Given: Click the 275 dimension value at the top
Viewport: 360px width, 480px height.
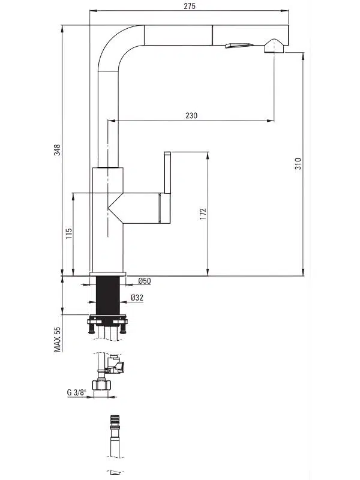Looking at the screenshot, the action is pyautogui.click(x=190, y=6).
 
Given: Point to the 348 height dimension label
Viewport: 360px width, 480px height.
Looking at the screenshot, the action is pyautogui.click(x=57, y=150).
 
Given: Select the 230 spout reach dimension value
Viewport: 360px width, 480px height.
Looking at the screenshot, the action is pyautogui.click(x=191, y=116).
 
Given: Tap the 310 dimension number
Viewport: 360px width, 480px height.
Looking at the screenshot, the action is pyautogui.click(x=298, y=164).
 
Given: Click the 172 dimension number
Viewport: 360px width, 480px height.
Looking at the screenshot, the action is pyautogui.click(x=203, y=214).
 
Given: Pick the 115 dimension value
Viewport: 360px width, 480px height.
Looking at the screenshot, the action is pyautogui.click(x=69, y=233).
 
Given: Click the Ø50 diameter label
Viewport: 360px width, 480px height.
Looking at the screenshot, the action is pyautogui.click(x=144, y=281).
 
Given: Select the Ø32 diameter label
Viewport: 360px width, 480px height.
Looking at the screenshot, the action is pyautogui.click(x=137, y=298).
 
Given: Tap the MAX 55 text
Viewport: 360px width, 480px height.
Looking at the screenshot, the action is pyautogui.click(x=58, y=340).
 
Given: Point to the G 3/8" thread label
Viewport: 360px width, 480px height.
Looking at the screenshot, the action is pyautogui.click(x=77, y=392).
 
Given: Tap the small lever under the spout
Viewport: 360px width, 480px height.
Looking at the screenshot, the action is pyautogui.click(x=239, y=46).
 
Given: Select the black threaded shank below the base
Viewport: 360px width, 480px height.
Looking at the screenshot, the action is pyautogui.click(x=108, y=295).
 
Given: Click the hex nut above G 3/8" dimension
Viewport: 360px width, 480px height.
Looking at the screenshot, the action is pyautogui.click(x=101, y=385).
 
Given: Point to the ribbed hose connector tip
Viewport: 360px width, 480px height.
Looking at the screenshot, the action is pyautogui.click(x=115, y=419).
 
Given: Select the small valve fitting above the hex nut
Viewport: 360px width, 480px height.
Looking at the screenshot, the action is pyautogui.click(x=116, y=364).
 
